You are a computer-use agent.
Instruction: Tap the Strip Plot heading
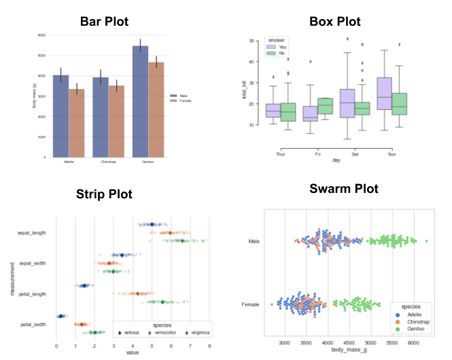pyautogui.click(x=104, y=195)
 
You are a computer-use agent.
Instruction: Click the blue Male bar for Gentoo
pyautogui.click(x=139, y=102)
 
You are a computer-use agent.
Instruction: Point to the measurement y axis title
pyautogui.click(x=12, y=278)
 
